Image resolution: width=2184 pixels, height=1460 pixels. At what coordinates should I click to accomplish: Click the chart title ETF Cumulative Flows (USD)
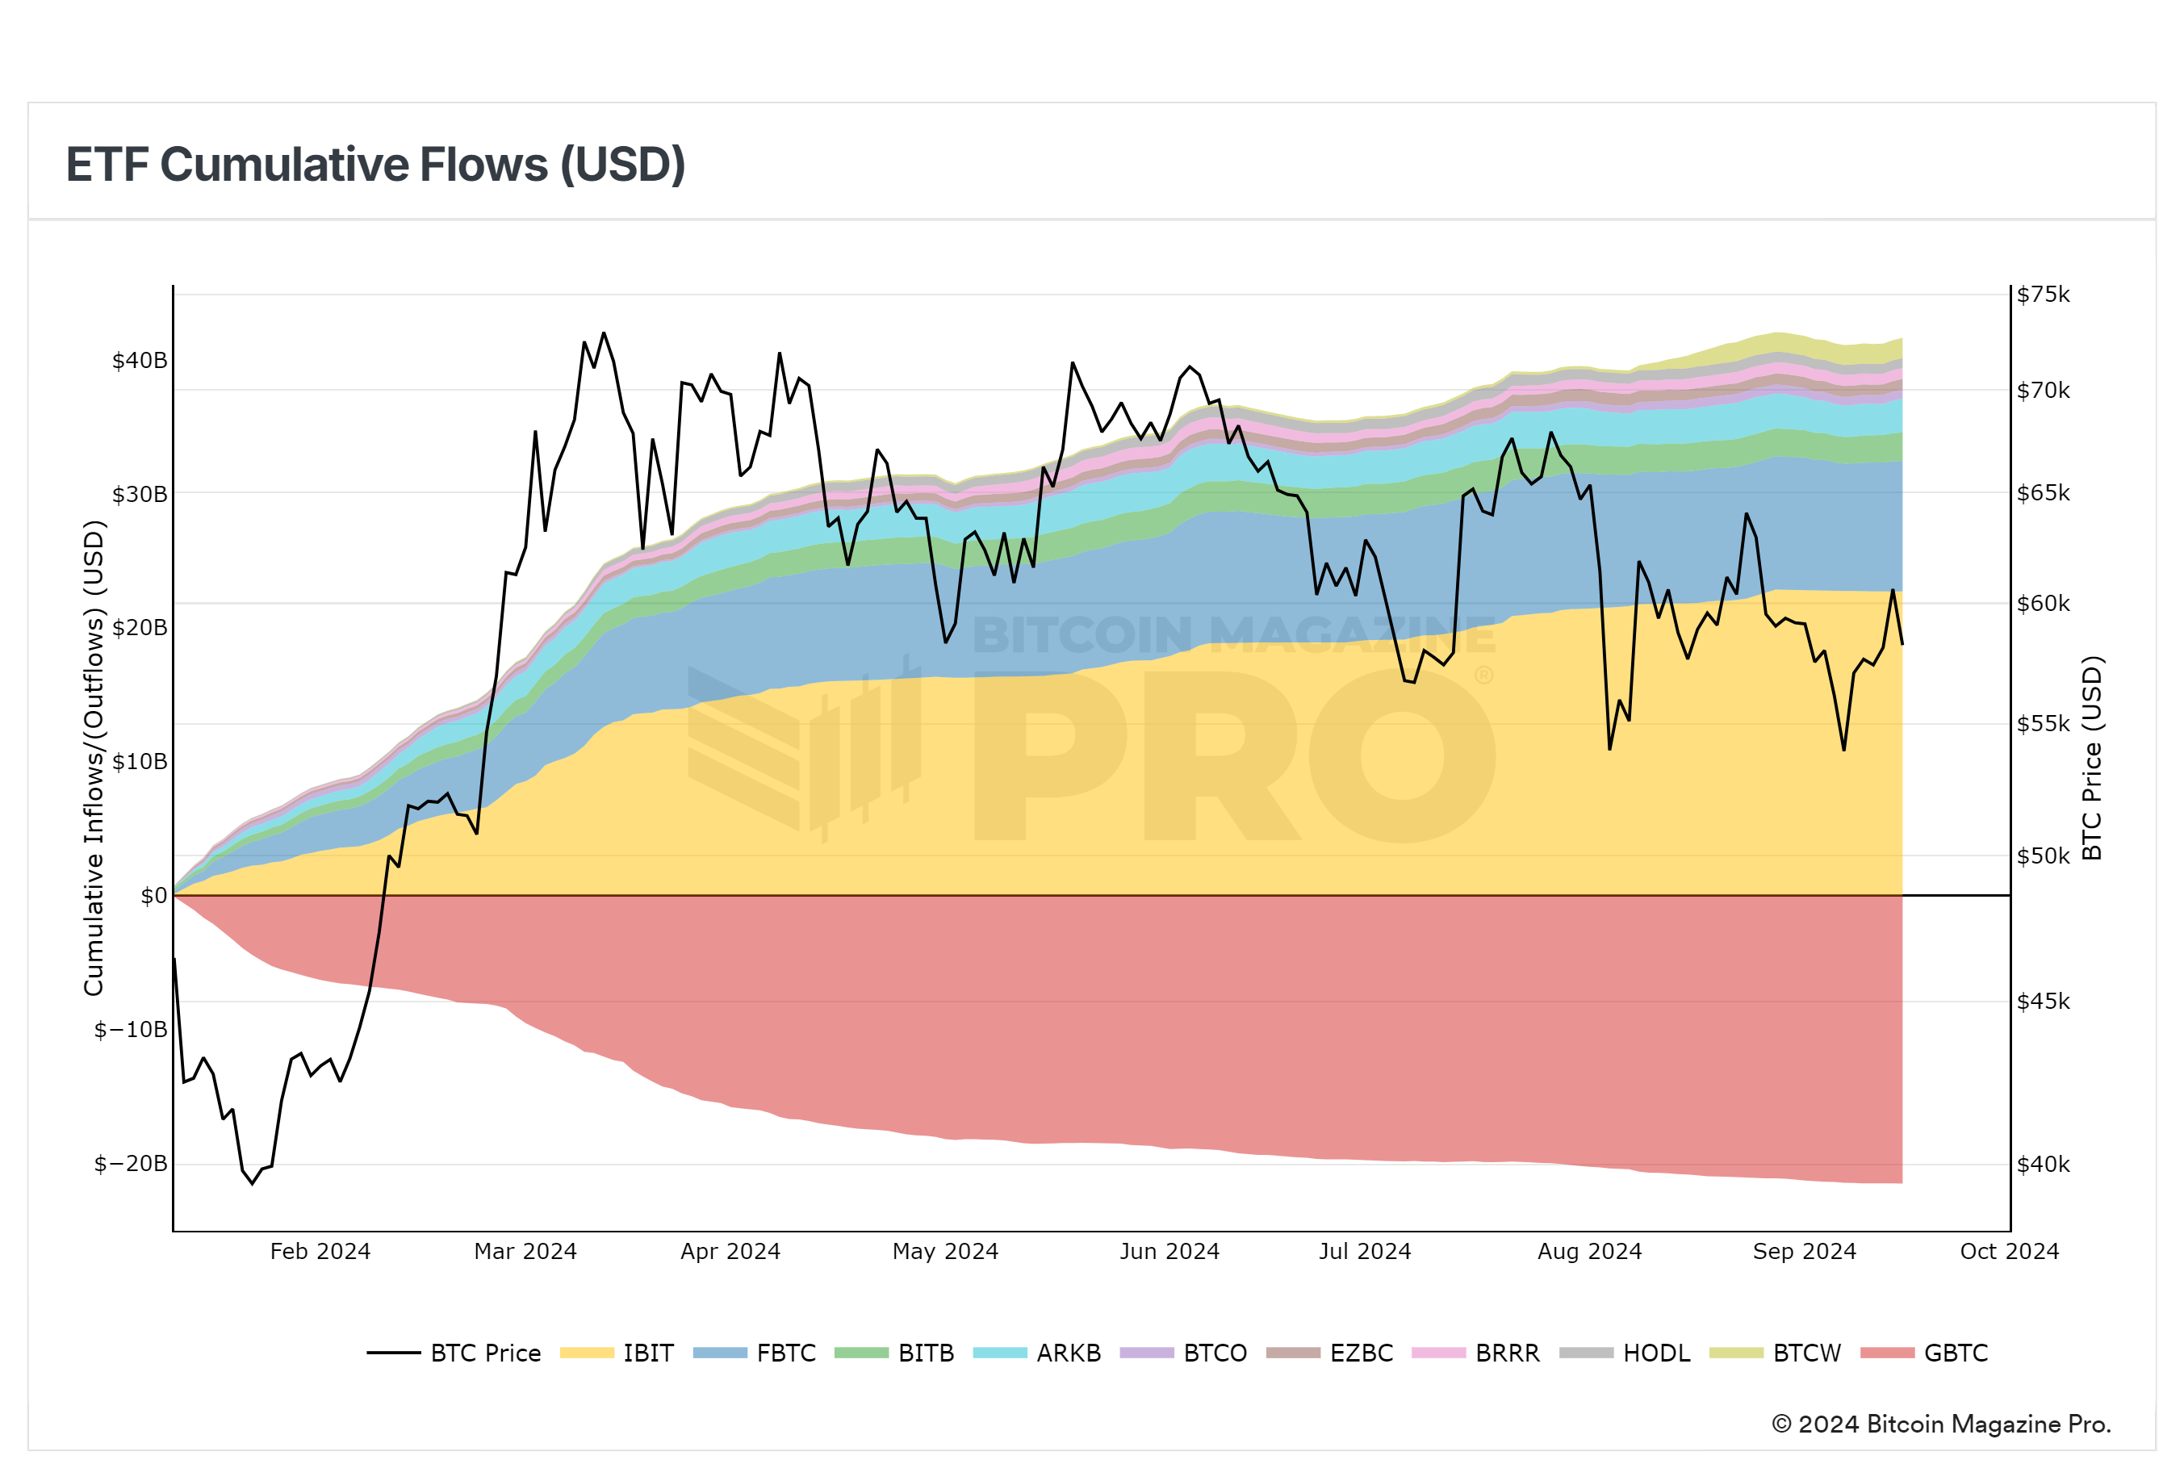(375, 165)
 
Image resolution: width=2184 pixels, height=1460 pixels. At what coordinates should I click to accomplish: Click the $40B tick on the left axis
(140, 360)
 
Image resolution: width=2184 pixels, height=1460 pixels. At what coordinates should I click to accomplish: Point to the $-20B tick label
(132, 1164)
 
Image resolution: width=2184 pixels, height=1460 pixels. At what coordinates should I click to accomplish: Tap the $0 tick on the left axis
(153, 896)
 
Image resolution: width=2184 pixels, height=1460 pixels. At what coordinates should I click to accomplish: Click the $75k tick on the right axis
(2044, 295)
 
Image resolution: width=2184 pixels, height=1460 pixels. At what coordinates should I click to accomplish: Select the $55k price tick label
(2044, 723)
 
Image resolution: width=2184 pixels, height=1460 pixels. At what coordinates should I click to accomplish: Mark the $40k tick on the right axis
(2044, 1164)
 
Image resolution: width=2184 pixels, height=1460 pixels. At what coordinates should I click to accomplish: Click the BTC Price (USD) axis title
(2092, 758)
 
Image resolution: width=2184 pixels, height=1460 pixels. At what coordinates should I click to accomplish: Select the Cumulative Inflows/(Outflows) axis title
(94, 758)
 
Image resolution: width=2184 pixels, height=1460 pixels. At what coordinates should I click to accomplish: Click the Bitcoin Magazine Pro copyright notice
(1941, 1424)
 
